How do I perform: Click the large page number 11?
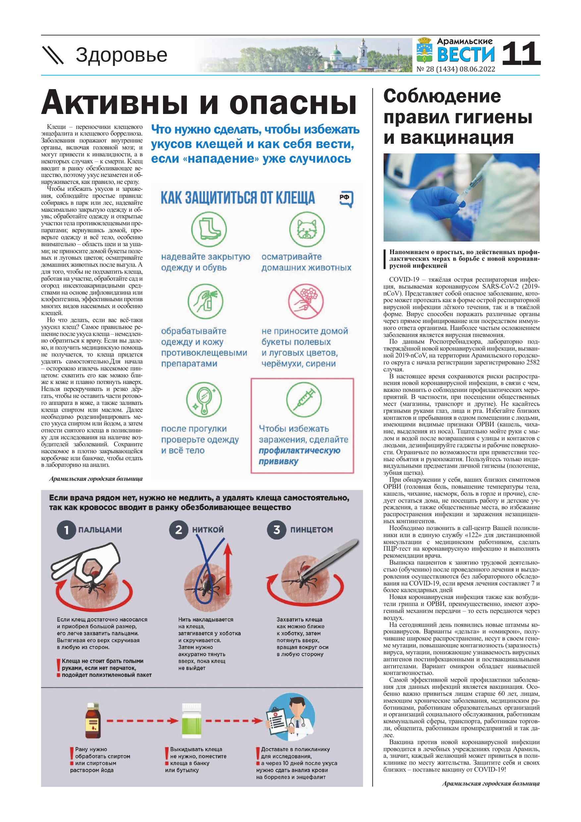(x=520, y=54)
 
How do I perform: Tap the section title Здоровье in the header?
(x=121, y=55)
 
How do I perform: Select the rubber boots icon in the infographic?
(x=209, y=230)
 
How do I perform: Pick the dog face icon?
(x=307, y=230)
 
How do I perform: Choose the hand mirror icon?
(x=204, y=399)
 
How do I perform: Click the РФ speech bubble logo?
(x=346, y=199)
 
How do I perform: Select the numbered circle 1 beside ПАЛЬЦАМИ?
(x=66, y=530)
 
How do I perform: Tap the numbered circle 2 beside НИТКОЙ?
(x=178, y=530)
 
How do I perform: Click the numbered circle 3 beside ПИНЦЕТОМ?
(x=277, y=530)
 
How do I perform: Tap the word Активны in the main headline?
(x=114, y=103)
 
